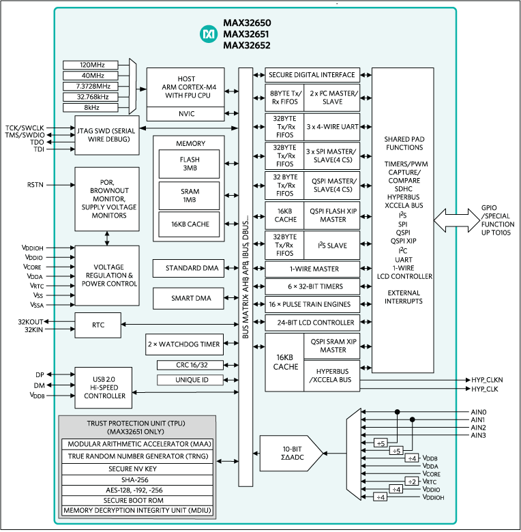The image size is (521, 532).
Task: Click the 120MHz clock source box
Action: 89,65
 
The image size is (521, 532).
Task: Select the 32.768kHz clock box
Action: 89,96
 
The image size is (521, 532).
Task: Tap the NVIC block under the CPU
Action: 185,115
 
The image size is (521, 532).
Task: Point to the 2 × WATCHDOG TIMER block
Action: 185,344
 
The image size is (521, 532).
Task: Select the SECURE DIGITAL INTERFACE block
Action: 311,75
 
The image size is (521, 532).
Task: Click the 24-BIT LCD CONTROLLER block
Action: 311,322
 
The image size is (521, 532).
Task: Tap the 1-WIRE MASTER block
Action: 311,269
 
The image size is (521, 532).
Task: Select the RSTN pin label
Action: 36,184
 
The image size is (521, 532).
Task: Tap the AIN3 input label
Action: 477,435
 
